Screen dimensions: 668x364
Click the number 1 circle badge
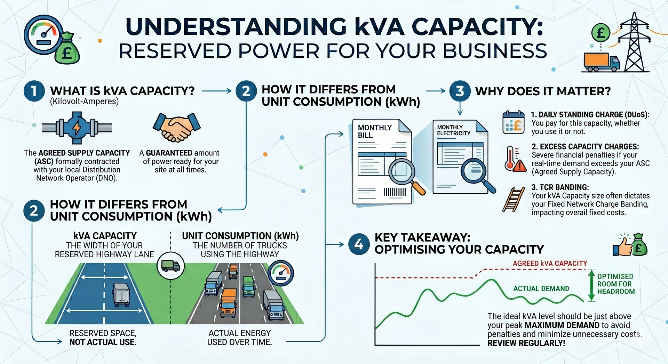pyautogui.click(x=34, y=91)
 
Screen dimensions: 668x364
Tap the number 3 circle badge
pyautogui.click(x=460, y=91)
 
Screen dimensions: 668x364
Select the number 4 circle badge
pyautogui.click(x=359, y=244)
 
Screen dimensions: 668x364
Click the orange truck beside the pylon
pyautogui.click(x=602, y=62)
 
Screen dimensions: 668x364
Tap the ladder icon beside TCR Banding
pyautogui.click(x=514, y=200)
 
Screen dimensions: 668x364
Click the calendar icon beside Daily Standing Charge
pyautogui.click(x=514, y=122)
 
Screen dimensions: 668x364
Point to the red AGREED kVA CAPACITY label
pyautogui.click(x=550, y=264)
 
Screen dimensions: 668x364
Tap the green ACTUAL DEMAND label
pyautogui.click(x=541, y=289)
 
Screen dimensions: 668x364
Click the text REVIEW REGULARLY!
pyautogui.click(x=526, y=343)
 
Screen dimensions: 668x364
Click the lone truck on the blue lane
pyautogui.click(x=121, y=295)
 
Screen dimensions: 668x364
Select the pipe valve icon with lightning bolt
pyautogui.click(x=77, y=128)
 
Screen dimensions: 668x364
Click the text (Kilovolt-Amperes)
pyautogui.click(x=84, y=102)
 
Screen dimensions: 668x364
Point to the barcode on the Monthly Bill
pyautogui.click(x=395, y=192)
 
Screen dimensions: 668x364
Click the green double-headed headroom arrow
pyautogui.click(x=591, y=285)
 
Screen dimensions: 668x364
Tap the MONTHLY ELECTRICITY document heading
pyautogui.click(x=454, y=130)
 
